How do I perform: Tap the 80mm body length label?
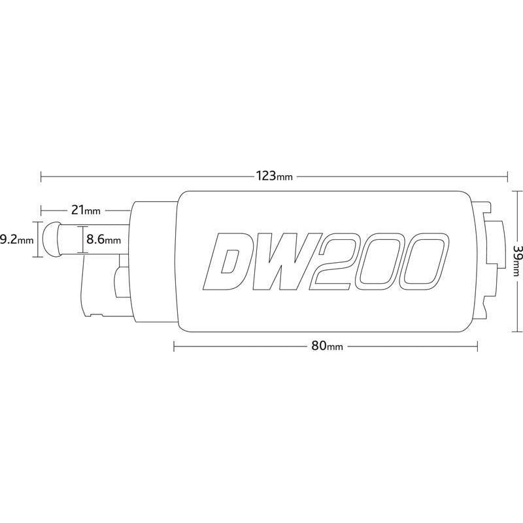[327, 346]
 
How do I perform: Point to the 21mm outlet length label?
[86, 211]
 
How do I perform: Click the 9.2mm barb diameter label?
[16, 240]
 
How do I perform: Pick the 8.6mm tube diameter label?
[103, 240]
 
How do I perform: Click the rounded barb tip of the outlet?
[51, 240]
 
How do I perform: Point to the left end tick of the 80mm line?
[174, 346]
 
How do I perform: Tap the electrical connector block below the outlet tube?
[105, 288]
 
